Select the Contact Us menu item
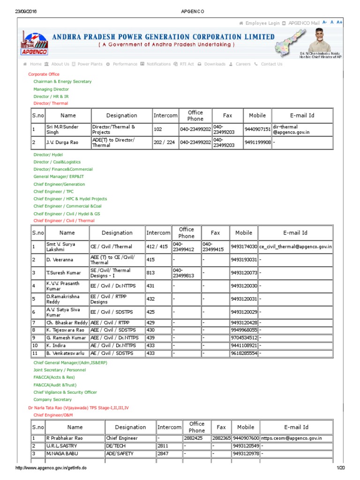click(x=271, y=64)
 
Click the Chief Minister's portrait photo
click(x=321, y=42)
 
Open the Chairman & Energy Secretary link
click(x=62, y=82)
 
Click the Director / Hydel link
click(x=48, y=154)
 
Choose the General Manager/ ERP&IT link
click(x=59, y=177)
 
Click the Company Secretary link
click(x=52, y=400)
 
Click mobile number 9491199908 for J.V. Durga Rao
click(x=257, y=142)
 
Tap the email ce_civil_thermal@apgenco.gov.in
click(x=295, y=247)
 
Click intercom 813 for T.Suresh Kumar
click(x=151, y=273)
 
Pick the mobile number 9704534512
click(x=243, y=338)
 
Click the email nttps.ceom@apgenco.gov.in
click(x=292, y=438)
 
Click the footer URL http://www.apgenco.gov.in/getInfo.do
click(x=51, y=468)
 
